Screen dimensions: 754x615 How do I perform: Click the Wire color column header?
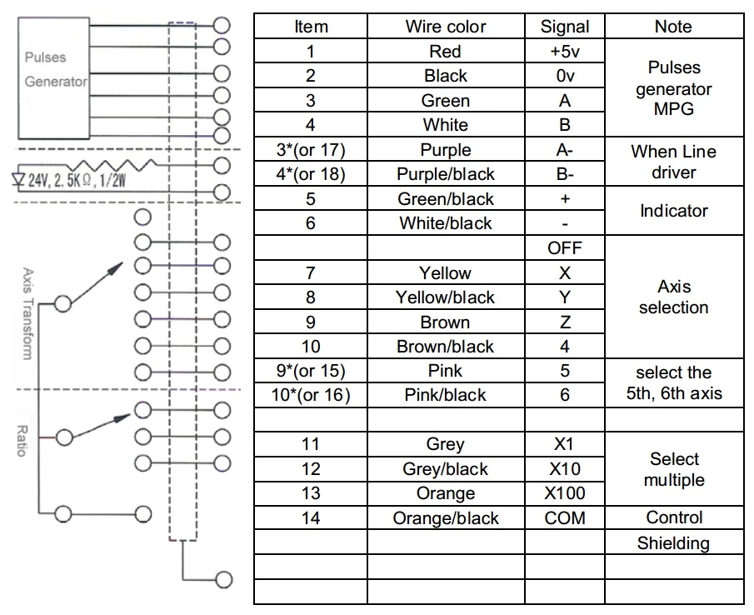(445, 27)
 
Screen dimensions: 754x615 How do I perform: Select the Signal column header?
(565, 27)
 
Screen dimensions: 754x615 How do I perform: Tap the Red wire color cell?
(445, 51)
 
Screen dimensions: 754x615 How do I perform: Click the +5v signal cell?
(565, 51)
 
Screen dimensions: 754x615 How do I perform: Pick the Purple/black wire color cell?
(445, 174)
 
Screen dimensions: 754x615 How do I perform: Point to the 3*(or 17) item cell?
(311, 149)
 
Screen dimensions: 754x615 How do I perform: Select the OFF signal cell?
(565, 248)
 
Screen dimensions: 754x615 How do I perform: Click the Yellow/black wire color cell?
(445, 297)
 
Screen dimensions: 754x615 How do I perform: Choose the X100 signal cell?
(565, 492)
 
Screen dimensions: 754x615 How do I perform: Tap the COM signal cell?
(565, 517)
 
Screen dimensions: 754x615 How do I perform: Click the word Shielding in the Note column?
(673, 543)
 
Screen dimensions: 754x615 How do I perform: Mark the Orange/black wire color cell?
(445, 517)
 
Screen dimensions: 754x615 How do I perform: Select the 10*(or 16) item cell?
(311, 395)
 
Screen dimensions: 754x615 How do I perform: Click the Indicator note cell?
(674, 211)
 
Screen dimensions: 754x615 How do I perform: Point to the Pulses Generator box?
(53, 77)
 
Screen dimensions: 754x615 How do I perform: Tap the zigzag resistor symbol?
(114, 165)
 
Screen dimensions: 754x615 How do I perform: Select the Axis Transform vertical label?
(27, 314)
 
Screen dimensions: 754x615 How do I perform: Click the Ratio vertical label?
(22, 441)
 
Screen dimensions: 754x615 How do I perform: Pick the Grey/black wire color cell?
(445, 469)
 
